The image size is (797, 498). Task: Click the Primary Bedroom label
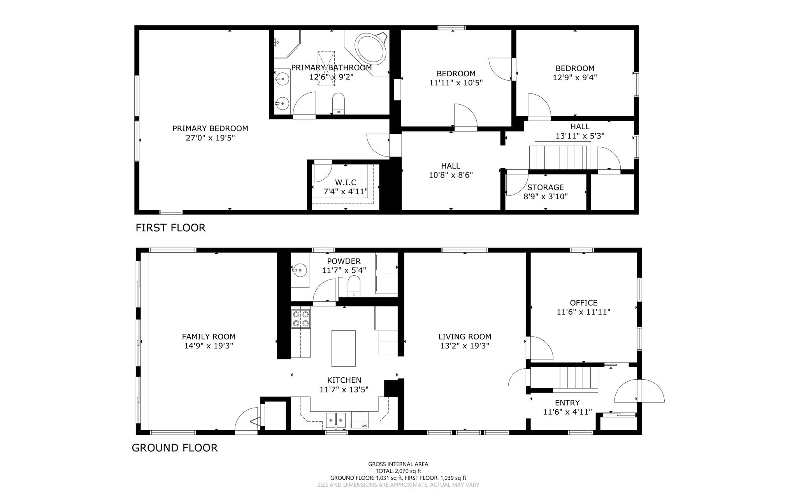coord(210,128)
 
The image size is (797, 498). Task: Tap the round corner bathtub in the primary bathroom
coord(371,48)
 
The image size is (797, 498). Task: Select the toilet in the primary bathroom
coord(339,103)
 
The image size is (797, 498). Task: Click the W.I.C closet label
coord(346,183)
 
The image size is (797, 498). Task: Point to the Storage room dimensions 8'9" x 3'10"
coord(546,197)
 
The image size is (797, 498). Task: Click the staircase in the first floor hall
coord(558,158)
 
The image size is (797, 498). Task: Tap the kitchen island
coord(343,348)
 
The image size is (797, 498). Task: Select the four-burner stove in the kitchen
coord(301,319)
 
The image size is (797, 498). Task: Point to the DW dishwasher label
coord(365,426)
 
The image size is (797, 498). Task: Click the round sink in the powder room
coord(299,269)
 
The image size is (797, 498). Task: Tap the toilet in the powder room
coord(354,286)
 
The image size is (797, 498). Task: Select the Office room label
coord(583,303)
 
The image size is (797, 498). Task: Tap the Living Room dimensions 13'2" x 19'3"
coord(465,346)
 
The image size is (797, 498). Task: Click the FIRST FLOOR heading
coord(170,228)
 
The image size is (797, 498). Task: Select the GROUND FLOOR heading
coord(175,448)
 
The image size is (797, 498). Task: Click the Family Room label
coord(209,337)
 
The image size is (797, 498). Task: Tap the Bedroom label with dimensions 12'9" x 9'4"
coord(575,69)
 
